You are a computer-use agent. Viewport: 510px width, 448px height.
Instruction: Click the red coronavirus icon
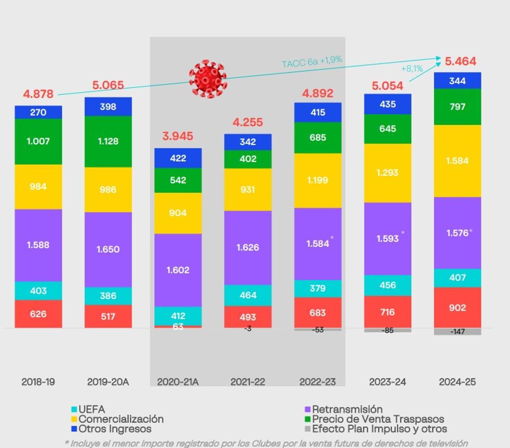(208, 79)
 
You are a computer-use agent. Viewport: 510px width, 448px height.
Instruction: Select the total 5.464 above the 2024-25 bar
(460, 61)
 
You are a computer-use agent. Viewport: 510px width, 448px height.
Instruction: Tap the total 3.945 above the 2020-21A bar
(178, 136)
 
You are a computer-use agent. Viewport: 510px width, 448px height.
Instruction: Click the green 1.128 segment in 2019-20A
(108, 141)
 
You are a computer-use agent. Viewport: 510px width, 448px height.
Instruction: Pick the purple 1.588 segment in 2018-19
(38, 245)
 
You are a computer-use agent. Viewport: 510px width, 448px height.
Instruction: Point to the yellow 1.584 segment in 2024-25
(457, 161)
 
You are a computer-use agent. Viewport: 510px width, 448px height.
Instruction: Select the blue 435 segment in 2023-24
(388, 104)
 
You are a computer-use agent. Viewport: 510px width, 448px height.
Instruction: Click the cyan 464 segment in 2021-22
(248, 295)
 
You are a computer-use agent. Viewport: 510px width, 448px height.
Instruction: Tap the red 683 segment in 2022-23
(317, 313)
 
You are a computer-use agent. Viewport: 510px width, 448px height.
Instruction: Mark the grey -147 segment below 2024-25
(457, 332)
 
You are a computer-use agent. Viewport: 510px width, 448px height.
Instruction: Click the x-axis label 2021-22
(248, 382)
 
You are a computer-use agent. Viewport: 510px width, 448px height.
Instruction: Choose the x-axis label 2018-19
(38, 382)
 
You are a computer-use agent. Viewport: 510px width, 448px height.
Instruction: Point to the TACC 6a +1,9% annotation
(312, 62)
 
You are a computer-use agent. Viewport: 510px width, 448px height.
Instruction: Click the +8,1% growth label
(412, 68)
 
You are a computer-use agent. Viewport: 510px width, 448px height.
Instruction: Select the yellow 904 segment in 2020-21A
(178, 213)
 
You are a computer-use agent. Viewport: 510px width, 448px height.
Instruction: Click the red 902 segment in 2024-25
(457, 308)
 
